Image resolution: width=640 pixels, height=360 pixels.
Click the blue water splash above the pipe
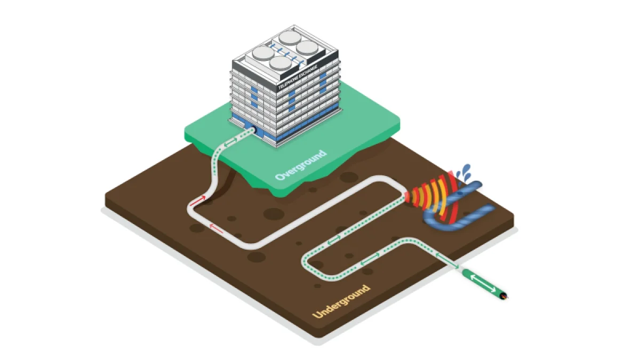[466, 172]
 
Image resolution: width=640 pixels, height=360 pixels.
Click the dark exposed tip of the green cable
[504, 295]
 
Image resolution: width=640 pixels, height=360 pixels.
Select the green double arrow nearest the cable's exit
[447, 261]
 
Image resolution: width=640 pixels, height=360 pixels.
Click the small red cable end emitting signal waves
[407, 197]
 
